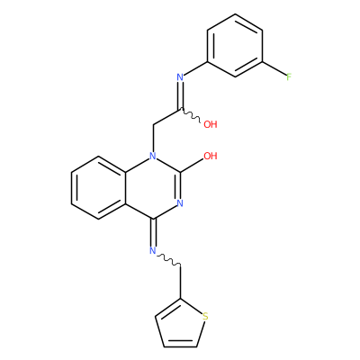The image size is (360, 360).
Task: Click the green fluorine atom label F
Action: (289, 77)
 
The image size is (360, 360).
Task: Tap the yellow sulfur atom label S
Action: (205, 316)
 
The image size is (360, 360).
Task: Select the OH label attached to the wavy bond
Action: (211, 124)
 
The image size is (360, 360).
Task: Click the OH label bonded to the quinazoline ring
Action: (211, 156)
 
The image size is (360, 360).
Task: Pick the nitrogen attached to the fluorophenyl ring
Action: (180, 77)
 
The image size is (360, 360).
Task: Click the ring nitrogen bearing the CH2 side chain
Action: (153, 156)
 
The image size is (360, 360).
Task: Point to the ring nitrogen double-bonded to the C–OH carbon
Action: (180, 203)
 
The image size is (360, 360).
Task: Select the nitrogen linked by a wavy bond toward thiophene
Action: (153, 250)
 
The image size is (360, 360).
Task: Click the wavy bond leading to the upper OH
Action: (190, 116)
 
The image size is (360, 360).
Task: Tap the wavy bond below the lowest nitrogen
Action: (169, 260)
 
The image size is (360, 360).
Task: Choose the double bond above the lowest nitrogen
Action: (153, 232)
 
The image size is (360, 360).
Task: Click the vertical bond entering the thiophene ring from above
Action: (180, 282)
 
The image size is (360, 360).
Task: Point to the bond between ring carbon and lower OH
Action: (192, 165)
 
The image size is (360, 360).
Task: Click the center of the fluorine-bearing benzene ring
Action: (235, 46)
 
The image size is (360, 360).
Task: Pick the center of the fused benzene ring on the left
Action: (99, 187)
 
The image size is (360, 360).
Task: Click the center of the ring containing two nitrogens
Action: (153, 187)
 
